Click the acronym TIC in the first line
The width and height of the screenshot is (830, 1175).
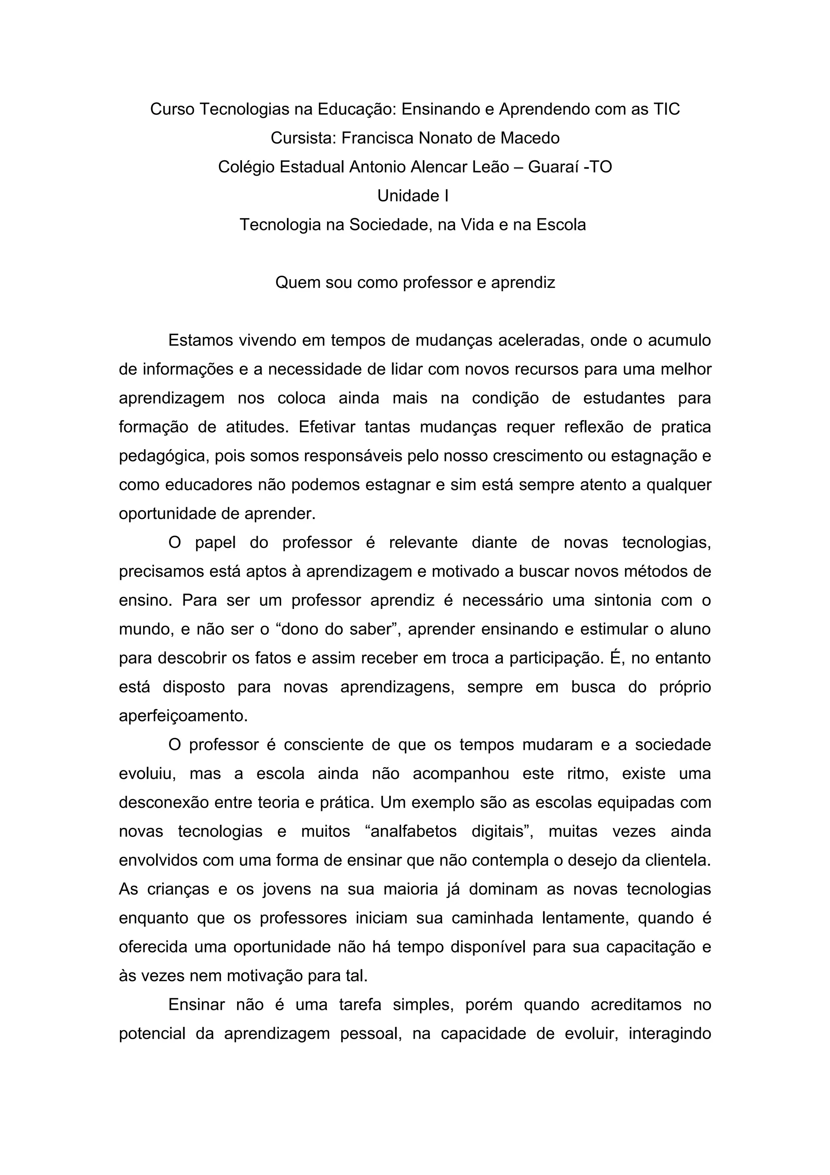[x=666, y=109]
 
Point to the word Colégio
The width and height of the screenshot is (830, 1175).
[x=246, y=167]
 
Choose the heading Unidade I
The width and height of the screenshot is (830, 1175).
[x=413, y=196]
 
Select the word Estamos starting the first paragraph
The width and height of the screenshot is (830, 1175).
[x=201, y=340]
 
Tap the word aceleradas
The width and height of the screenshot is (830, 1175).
[x=535, y=340]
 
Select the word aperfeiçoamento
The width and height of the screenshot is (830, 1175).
[x=183, y=716]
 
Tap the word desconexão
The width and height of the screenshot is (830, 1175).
[x=164, y=802]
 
